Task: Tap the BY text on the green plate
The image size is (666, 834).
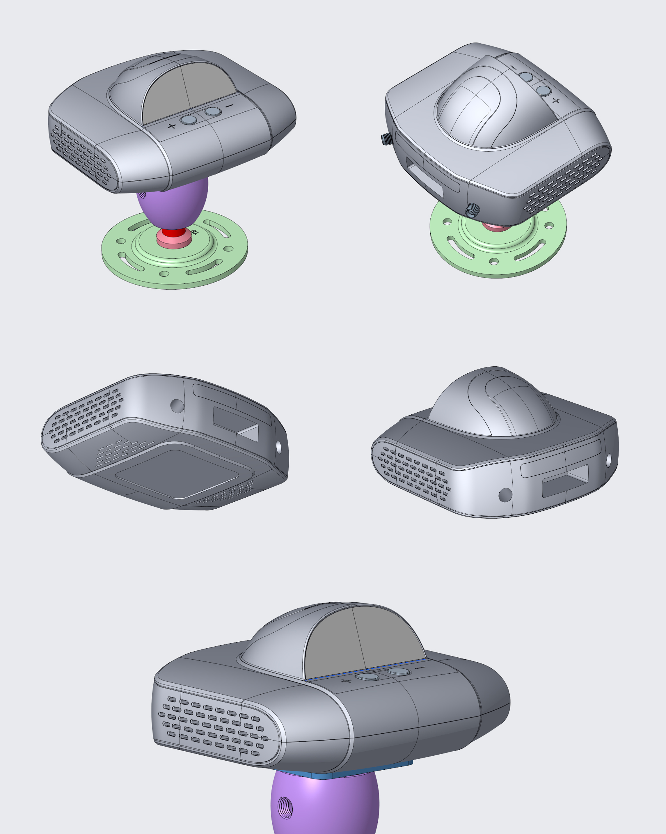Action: (195, 233)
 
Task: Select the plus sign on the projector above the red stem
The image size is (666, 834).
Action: (172, 126)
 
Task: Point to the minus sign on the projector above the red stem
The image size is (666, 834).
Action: (230, 106)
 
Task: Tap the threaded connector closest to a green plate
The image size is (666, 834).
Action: (472, 211)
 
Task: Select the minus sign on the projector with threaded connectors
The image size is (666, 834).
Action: (513, 68)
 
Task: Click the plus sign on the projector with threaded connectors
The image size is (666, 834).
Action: (556, 101)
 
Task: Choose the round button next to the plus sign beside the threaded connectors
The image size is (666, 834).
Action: (544, 91)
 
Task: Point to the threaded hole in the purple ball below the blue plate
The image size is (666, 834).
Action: (285, 808)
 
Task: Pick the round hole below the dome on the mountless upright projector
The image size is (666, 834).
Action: (505, 495)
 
